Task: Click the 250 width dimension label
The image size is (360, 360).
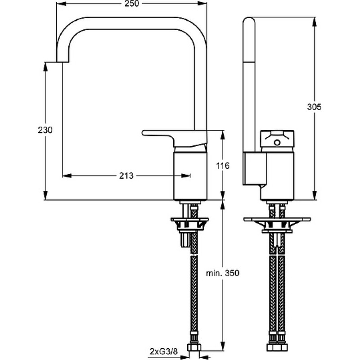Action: [132, 4]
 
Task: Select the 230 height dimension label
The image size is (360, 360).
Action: [45, 130]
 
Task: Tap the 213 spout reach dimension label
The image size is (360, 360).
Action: [126, 175]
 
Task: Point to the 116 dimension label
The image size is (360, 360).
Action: [223, 166]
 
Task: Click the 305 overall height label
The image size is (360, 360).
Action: [314, 107]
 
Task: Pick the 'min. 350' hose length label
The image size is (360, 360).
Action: [222, 273]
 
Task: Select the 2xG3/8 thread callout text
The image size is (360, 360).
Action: [164, 351]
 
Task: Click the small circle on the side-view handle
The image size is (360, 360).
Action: [277, 143]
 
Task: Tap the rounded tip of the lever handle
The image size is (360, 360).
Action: [143, 133]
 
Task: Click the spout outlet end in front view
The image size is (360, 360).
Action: [63, 62]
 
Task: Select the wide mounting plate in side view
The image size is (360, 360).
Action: [277, 220]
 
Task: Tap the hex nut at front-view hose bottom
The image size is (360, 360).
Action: [194, 347]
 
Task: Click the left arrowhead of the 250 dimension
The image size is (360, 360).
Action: [61, 4]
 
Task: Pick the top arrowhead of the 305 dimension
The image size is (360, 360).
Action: [315, 21]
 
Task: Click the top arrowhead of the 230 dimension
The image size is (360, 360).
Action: [45, 67]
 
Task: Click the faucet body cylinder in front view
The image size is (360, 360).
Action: [190, 175]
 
